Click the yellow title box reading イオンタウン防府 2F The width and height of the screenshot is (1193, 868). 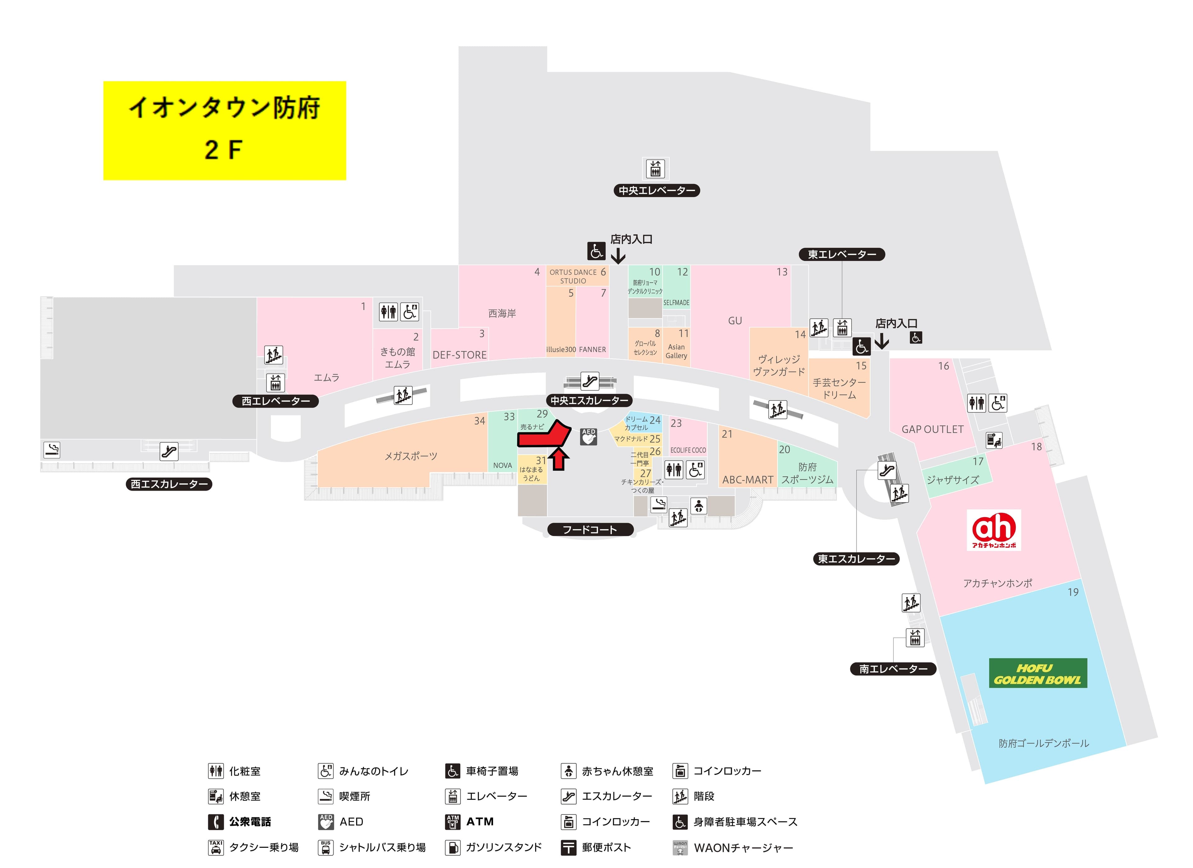pyautogui.click(x=225, y=131)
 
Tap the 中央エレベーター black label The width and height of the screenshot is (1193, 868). pyautogui.click(x=656, y=191)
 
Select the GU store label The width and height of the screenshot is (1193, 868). pyautogui.click(x=735, y=321)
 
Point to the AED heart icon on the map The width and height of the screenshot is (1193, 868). pyautogui.click(x=589, y=437)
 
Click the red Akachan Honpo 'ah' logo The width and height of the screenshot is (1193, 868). pyautogui.click(x=994, y=530)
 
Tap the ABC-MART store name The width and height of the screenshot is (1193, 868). pyautogui.click(x=747, y=480)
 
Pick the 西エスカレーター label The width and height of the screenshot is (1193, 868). pyautogui.click(x=169, y=484)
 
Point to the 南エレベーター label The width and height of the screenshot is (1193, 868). pyautogui.click(x=893, y=669)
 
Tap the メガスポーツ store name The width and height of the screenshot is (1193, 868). pyautogui.click(x=411, y=456)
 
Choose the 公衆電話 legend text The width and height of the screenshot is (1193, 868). pyautogui.click(x=250, y=822)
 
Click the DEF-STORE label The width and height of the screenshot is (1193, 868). pyautogui.click(x=459, y=355)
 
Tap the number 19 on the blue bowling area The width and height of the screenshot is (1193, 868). pyautogui.click(x=1073, y=592)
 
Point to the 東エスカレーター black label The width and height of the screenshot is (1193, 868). pyautogui.click(x=856, y=559)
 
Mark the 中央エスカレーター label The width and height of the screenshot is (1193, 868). pyautogui.click(x=589, y=400)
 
